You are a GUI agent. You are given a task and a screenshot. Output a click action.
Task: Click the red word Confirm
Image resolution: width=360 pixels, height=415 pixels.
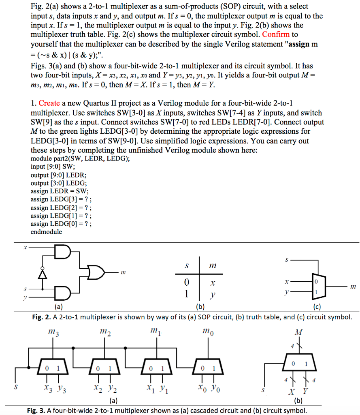(x=276, y=35)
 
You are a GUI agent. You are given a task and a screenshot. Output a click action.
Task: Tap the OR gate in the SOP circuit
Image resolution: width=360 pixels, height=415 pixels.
(x=96, y=272)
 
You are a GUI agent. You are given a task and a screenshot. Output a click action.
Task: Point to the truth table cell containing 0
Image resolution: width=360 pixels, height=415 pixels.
(x=186, y=281)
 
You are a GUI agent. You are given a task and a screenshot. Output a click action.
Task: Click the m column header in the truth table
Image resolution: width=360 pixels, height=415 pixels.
(x=212, y=266)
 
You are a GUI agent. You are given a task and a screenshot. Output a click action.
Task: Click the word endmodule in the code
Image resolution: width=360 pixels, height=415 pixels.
(x=46, y=232)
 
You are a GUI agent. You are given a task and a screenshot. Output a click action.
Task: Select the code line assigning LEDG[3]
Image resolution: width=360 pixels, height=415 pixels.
(x=61, y=199)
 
